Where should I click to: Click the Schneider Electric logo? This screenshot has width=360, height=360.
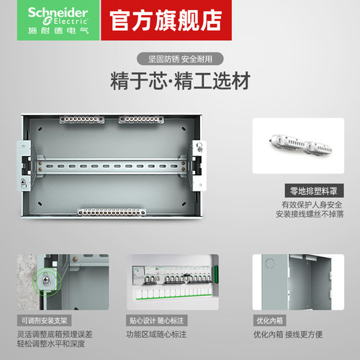point(58,20)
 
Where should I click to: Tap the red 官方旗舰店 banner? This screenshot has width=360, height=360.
point(166,20)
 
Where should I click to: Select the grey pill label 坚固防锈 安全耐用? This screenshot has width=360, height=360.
point(180,59)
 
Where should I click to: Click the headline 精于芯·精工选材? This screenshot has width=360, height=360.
point(180,81)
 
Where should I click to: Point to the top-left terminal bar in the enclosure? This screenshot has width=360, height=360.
point(82,120)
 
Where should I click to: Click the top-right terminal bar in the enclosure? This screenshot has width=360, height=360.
point(141,120)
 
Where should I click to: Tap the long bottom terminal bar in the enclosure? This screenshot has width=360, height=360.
point(112,212)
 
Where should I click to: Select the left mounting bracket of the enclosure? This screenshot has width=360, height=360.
point(24,166)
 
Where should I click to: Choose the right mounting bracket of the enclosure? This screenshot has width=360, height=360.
point(199,166)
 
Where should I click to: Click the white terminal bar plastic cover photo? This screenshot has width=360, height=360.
point(298,145)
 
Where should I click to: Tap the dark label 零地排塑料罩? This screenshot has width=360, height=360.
point(314,191)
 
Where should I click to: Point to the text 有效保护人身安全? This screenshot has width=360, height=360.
point(312,204)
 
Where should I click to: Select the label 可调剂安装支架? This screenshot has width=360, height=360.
point(44,320)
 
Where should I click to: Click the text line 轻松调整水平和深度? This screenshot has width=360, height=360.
point(51,343)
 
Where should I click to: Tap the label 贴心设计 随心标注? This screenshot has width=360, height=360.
point(157,320)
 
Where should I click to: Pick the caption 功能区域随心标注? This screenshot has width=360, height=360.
point(156,334)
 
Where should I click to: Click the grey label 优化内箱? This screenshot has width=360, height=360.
point(269,320)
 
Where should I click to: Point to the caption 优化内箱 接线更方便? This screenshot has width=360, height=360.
point(288,334)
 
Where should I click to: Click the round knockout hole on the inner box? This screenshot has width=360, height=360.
point(271,264)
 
